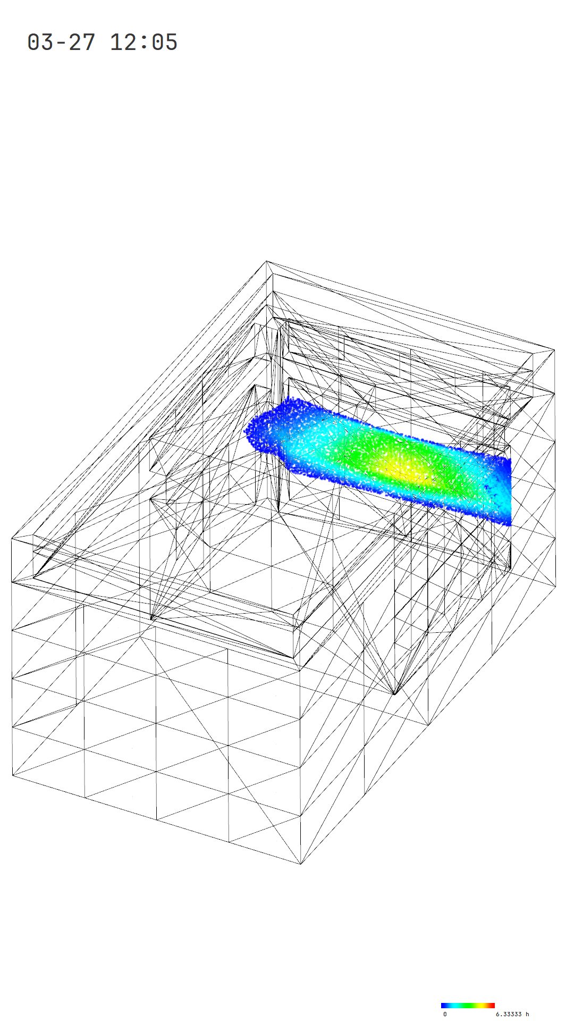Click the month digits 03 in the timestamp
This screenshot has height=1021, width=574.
coord(40,42)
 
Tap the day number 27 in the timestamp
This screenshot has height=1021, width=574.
coord(82,42)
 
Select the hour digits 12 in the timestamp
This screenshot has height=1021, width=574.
coord(123,42)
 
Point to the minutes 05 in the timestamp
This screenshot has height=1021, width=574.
coord(165,42)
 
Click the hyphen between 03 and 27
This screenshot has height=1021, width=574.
coord(61,43)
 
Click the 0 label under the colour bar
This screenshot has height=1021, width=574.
coord(445,1014)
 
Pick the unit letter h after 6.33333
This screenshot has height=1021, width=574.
coord(527,1014)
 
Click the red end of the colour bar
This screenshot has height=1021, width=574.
coord(492,1006)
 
